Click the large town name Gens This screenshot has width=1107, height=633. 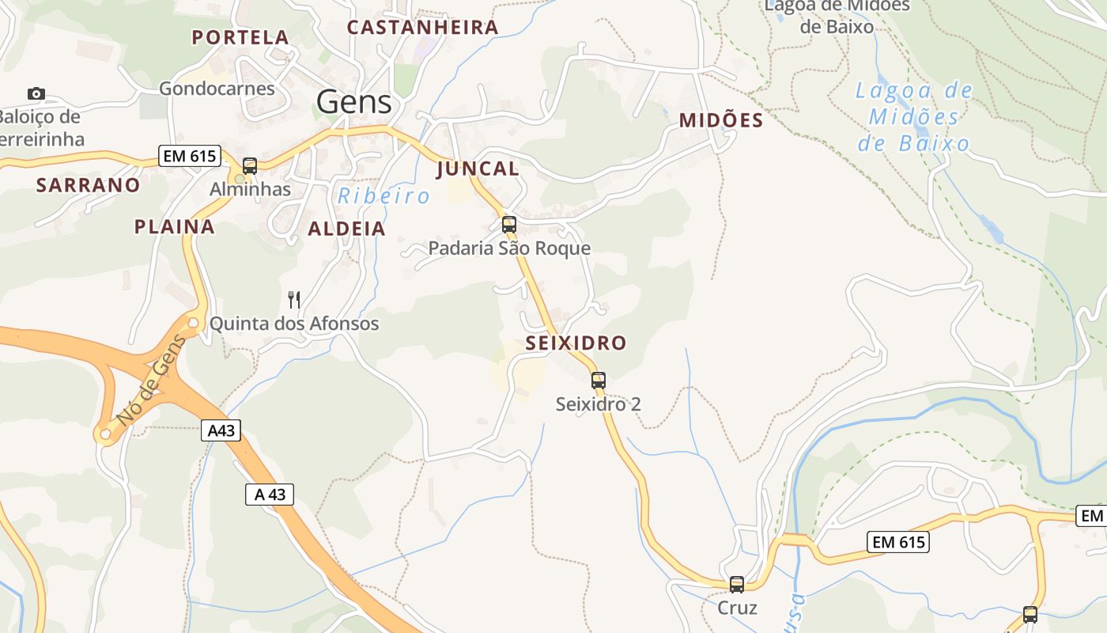point(353,102)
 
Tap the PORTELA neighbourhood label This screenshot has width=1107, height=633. point(240,37)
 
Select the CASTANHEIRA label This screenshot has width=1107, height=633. point(423,28)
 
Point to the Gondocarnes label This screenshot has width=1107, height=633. point(217,88)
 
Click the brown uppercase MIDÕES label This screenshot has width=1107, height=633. point(721,120)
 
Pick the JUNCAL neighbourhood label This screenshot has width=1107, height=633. point(478,169)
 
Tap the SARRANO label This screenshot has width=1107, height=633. point(88,185)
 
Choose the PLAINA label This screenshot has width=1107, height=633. point(174,227)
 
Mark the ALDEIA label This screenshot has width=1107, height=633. point(346,229)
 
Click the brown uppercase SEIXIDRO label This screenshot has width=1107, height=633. point(576,343)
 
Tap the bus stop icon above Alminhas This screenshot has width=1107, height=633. point(250,166)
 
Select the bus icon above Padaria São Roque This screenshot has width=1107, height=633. point(509,225)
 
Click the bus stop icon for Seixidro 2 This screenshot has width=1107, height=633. point(599,381)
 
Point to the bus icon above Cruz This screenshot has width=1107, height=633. point(737,585)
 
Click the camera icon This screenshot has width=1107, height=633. point(36,94)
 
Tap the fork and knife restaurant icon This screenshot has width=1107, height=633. point(293,299)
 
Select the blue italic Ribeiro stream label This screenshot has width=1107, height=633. point(384,196)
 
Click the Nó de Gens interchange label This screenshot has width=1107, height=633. point(150,380)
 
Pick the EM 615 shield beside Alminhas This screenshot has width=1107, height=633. point(189,156)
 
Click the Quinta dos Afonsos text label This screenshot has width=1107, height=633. point(294,324)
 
